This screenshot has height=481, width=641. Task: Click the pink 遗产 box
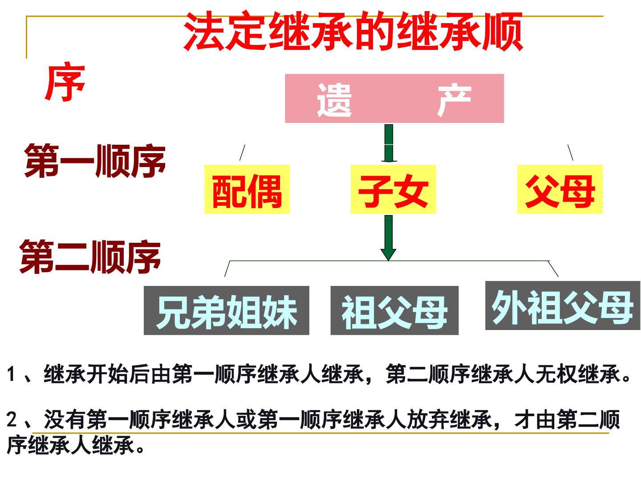click(394, 98)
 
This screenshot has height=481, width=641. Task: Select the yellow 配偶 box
click(247, 189)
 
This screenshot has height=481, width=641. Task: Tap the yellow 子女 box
click(393, 189)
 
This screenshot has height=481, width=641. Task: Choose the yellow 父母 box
click(560, 189)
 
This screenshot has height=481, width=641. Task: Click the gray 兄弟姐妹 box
click(226, 310)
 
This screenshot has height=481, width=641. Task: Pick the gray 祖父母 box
click(394, 310)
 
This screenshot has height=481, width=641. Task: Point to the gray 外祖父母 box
click(563, 306)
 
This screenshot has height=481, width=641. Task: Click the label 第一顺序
click(95, 161)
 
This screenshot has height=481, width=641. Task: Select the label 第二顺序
click(90, 257)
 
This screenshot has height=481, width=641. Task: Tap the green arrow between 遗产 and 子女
click(389, 143)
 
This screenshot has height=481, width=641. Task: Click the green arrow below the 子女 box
click(389, 238)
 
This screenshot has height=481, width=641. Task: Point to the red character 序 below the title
click(65, 82)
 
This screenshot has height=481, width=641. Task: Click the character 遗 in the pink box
click(334, 100)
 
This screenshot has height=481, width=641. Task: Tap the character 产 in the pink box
click(454, 100)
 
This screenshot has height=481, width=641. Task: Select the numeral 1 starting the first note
click(11, 374)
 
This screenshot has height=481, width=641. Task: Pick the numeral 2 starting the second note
click(12, 419)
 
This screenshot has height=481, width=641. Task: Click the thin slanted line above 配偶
click(243, 152)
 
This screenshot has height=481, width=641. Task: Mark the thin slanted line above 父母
click(570, 152)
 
